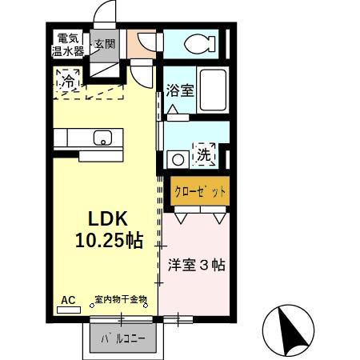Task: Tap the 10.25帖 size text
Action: point(110,240)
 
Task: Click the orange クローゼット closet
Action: point(200,192)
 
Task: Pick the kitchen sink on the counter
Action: point(102,139)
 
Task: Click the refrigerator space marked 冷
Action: point(70,81)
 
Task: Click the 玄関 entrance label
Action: point(104,44)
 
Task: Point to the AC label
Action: point(68,300)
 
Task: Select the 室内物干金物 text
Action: point(121,300)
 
